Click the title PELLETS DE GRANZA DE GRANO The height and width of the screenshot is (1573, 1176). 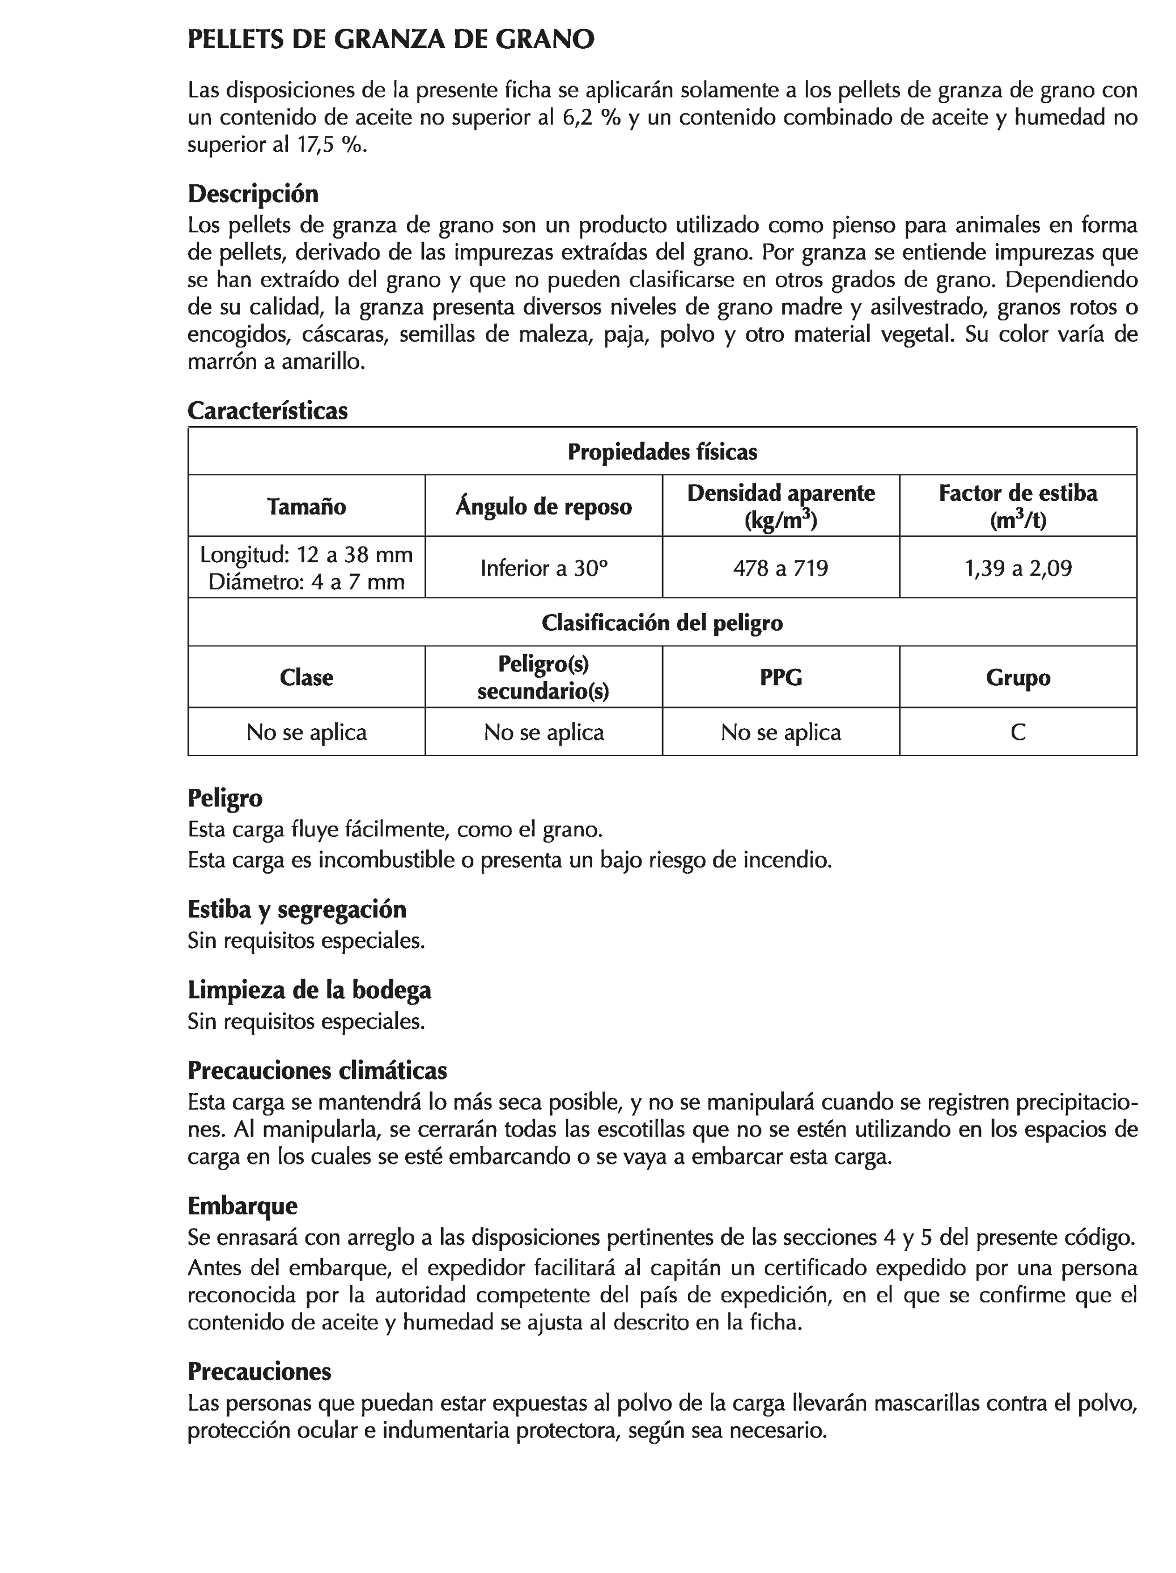390,40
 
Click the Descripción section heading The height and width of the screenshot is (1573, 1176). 253,193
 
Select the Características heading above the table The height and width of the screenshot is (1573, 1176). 268,410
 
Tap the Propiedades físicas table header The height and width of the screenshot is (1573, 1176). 661,452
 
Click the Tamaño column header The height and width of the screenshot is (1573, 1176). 307,507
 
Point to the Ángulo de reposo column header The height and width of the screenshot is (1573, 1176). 544,507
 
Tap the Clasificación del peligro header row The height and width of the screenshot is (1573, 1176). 661,623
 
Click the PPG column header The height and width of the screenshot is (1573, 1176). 780,677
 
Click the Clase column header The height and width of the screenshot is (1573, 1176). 307,677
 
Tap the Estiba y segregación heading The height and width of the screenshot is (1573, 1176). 296,909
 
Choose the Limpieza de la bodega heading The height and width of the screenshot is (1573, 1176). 309,990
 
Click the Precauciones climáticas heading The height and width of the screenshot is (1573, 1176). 317,1070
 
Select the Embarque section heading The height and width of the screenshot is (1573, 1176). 243,1205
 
